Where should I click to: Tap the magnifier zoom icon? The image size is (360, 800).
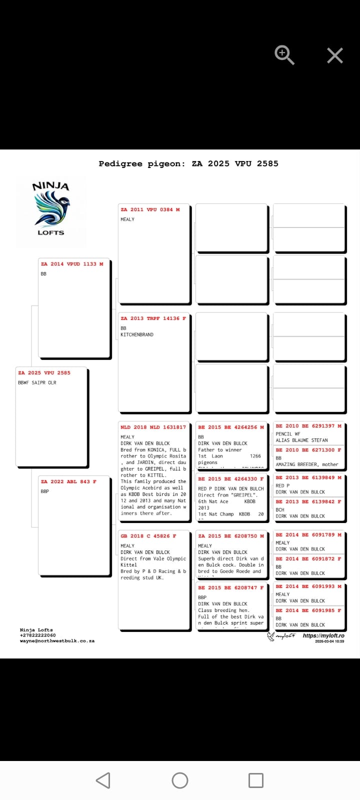[x=284, y=54]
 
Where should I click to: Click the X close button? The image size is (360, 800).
[x=335, y=55]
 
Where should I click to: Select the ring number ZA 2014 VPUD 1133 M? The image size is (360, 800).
[x=72, y=264]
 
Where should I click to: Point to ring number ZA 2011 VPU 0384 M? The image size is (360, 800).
[x=150, y=209]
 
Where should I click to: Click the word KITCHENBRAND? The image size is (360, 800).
[x=137, y=334]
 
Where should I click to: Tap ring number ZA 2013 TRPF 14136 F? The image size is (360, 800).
[x=153, y=318]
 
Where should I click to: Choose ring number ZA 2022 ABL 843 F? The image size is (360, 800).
[x=68, y=481]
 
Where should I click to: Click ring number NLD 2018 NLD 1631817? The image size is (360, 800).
[x=153, y=427]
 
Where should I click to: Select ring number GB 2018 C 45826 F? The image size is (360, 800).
[x=148, y=536]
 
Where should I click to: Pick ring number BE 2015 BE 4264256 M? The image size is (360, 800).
[x=230, y=427]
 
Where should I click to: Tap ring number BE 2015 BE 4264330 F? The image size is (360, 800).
[x=230, y=479]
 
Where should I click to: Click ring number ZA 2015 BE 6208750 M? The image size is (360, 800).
[x=230, y=536]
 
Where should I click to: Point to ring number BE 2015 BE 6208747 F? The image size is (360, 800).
[x=230, y=588]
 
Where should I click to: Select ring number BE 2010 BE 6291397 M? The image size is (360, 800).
[x=308, y=426]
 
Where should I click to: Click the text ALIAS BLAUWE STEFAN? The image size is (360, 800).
[x=302, y=440]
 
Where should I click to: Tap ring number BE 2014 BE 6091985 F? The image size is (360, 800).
[x=308, y=610]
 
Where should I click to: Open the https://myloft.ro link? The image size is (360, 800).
[x=323, y=636]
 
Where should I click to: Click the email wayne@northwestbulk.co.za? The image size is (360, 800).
[x=57, y=641]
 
